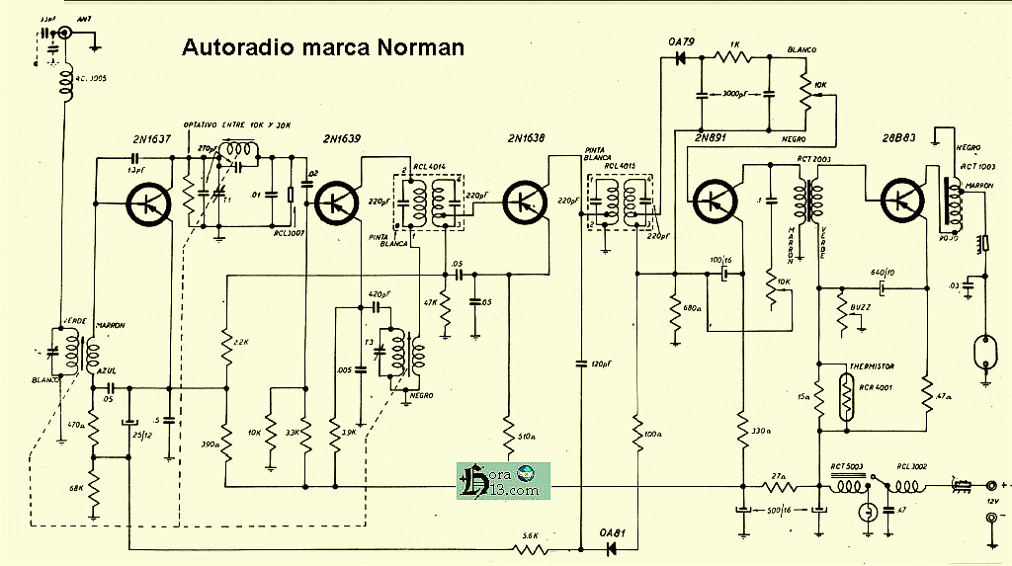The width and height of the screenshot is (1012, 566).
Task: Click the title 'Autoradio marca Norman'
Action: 322,47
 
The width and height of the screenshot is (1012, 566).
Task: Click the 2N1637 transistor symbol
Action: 149,202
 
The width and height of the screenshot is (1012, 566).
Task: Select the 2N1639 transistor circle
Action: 338,202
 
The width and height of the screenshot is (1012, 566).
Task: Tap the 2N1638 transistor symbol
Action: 526,202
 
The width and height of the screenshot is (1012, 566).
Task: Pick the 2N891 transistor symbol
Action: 714,201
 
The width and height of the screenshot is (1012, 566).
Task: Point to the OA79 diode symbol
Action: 679,58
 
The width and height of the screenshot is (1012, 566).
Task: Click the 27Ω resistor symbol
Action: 780,485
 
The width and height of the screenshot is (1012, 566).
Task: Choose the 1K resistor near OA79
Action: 733,57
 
